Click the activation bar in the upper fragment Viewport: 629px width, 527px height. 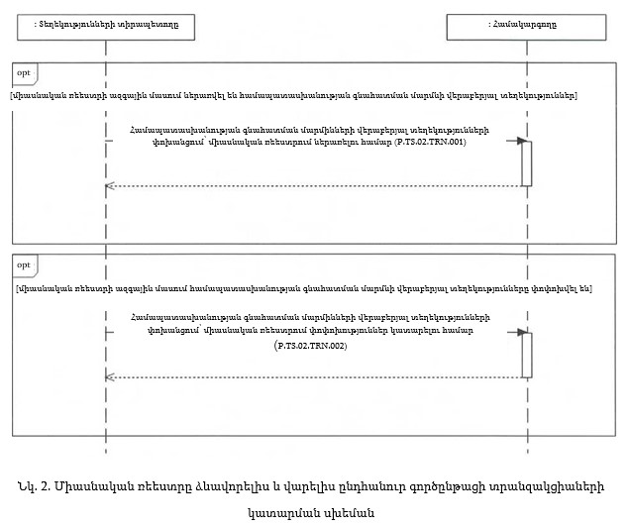point(527,162)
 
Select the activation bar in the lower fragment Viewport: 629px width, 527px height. point(527,354)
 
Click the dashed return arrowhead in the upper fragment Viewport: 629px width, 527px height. point(110,185)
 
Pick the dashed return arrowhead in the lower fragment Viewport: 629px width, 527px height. point(110,376)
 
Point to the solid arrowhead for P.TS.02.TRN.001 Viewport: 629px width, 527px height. point(517,142)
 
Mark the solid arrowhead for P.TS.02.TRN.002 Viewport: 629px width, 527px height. point(517,333)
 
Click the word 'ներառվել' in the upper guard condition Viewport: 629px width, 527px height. point(181,95)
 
